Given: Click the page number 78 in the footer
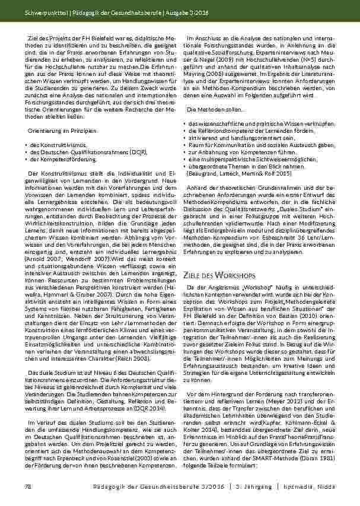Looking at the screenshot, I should coord(27,487).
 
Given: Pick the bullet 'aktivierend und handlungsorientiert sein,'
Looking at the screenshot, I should coord(231,137).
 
